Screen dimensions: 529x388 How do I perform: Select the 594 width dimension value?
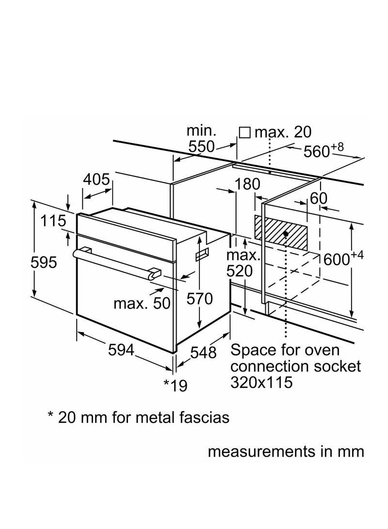[x=120, y=351]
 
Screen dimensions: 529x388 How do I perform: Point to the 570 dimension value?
[x=199, y=299]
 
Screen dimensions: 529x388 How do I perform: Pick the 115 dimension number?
[x=53, y=221]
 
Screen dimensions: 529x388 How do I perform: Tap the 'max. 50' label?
[x=142, y=304]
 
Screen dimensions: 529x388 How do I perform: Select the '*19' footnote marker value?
[x=175, y=385]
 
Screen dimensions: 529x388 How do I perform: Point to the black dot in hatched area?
[x=286, y=234]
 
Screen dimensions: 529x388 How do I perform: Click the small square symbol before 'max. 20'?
[x=245, y=132]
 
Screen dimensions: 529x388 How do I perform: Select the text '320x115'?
[x=262, y=383]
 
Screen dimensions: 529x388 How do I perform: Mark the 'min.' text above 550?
[x=201, y=130]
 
